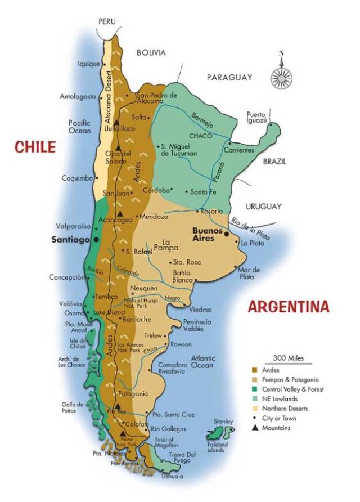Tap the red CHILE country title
click(x=35, y=147)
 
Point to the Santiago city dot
click(x=97, y=240)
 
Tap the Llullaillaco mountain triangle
click(x=116, y=122)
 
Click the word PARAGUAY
click(x=229, y=78)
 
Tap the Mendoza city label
click(x=154, y=217)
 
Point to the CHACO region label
click(x=200, y=136)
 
